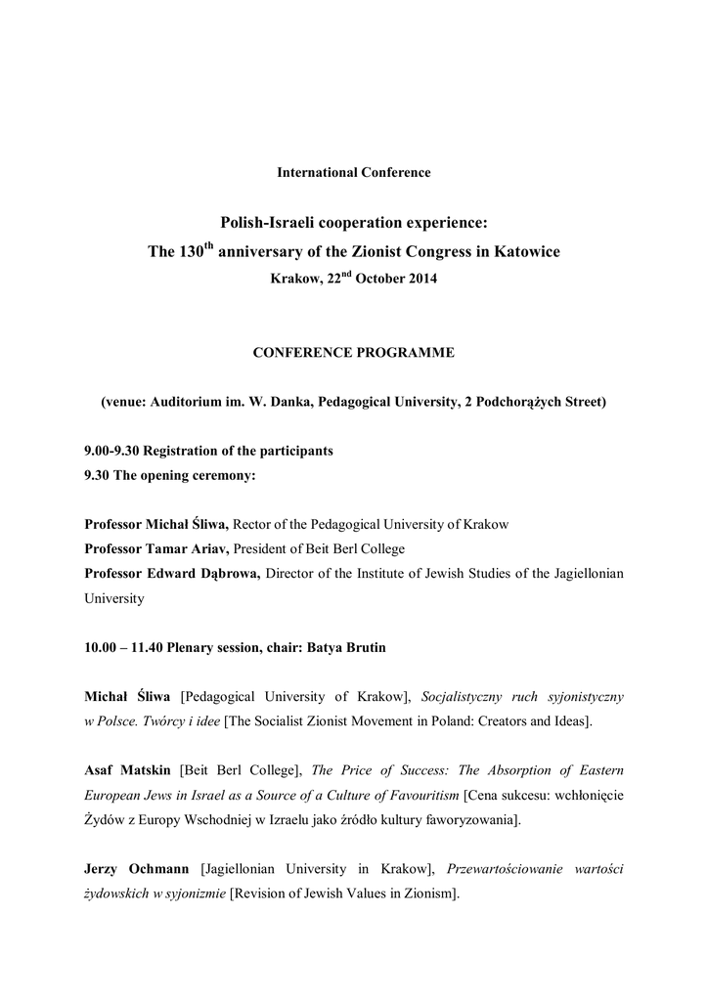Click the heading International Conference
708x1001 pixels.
pos(354,173)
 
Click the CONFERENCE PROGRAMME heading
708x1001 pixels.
pos(354,354)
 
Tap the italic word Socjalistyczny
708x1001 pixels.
pos(466,696)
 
